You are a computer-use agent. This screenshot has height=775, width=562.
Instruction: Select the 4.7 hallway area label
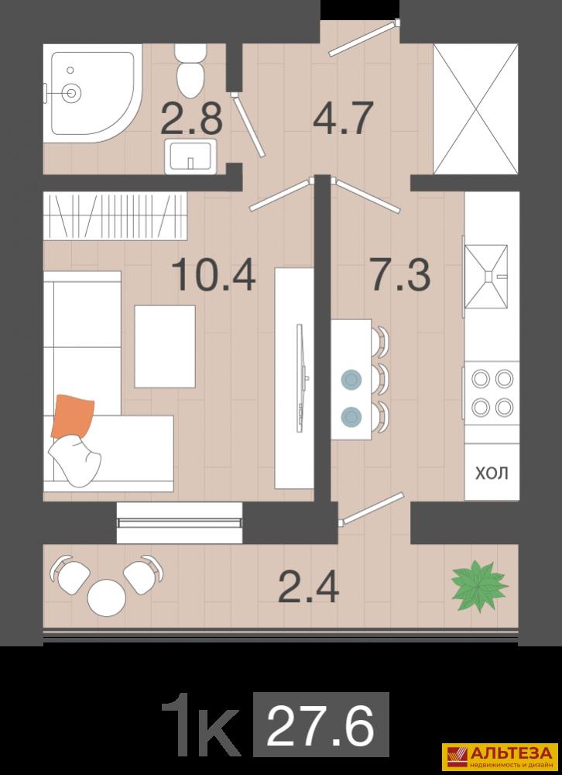[x=342, y=118]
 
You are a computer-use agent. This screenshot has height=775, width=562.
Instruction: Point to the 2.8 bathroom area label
[x=191, y=118]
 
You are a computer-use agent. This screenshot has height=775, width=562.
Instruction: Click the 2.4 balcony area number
[x=308, y=586]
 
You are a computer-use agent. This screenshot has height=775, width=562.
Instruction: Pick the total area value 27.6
[x=320, y=725]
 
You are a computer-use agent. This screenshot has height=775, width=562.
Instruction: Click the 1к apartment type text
[x=200, y=725]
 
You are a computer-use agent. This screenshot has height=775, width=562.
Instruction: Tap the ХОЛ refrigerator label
[x=492, y=473]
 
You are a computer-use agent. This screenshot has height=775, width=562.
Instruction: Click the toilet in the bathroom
[x=190, y=71]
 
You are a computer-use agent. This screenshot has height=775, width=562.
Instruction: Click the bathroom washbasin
[x=190, y=157]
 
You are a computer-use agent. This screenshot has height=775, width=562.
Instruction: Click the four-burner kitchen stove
[x=492, y=393]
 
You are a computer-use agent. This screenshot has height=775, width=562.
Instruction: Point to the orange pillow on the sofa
[x=73, y=415]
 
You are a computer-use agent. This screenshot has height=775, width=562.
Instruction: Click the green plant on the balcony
[x=479, y=586]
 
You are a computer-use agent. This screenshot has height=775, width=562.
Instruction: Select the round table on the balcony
[x=107, y=597]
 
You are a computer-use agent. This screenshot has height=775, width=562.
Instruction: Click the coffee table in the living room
[x=165, y=346]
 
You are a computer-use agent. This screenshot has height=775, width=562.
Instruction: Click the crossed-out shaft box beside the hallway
[x=475, y=108]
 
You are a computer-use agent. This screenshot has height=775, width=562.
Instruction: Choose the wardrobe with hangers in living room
[x=115, y=216]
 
